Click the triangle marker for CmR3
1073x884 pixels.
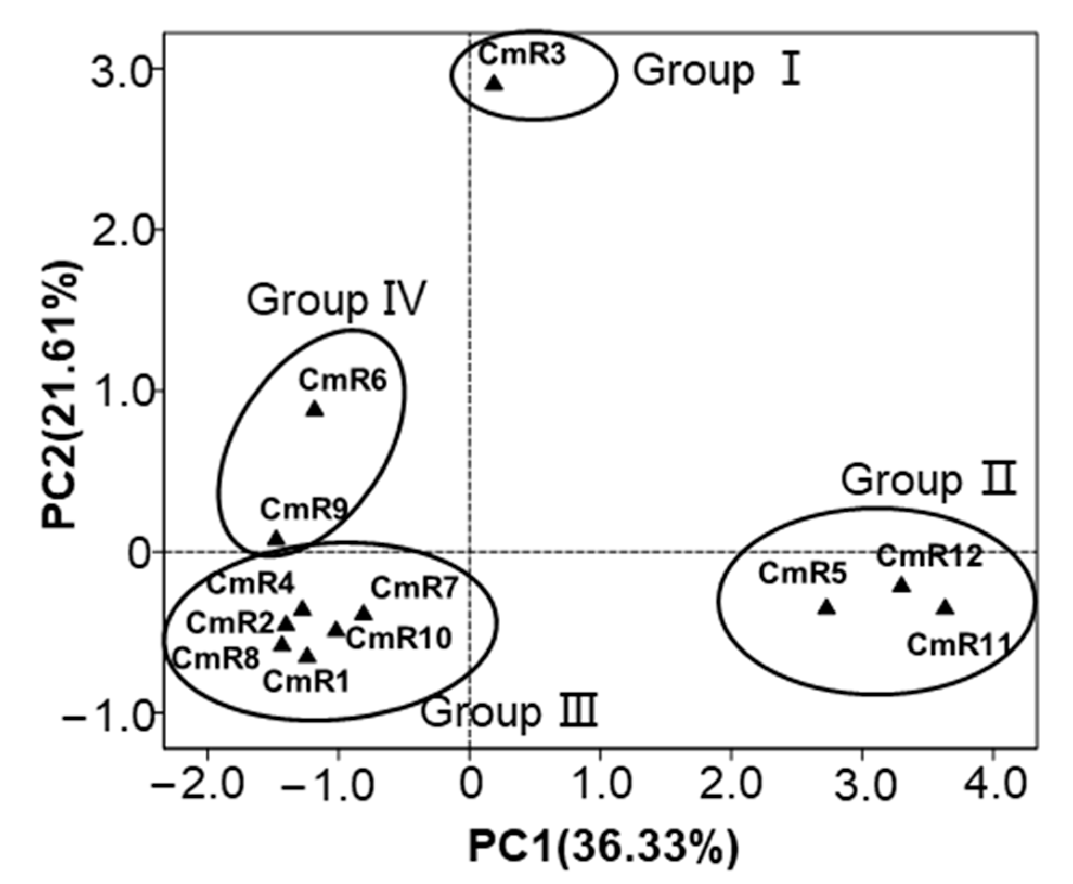[494, 83]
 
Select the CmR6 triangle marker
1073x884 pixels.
[315, 409]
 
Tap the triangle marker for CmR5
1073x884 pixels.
[826, 607]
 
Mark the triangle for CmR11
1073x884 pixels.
[946, 607]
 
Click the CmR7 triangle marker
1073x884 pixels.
[364, 613]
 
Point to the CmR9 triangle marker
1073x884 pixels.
[276, 538]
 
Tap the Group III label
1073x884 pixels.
[509, 713]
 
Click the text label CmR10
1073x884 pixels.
[399, 638]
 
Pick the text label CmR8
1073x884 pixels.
[217, 659]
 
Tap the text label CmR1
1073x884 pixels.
[306, 681]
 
